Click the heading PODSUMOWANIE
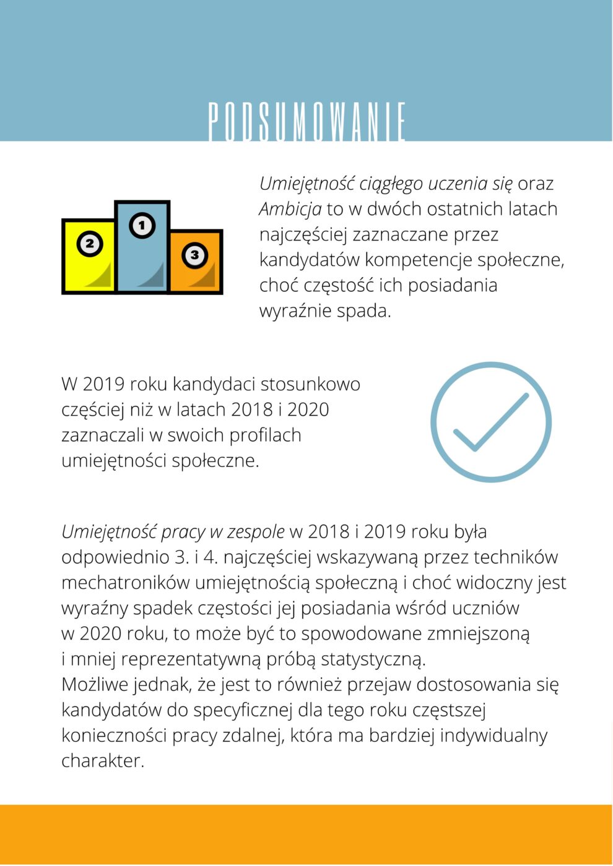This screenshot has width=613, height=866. point(306,122)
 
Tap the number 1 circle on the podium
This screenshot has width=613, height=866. point(142,226)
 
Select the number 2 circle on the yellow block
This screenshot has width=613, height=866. point(89,244)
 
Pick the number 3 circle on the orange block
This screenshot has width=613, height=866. point(194,254)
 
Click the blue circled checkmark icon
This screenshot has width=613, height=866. point(491,422)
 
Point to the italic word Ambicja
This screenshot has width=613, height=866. point(290,209)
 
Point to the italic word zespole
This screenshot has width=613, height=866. point(256,532)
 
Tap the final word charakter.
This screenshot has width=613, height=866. point(102,761)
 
